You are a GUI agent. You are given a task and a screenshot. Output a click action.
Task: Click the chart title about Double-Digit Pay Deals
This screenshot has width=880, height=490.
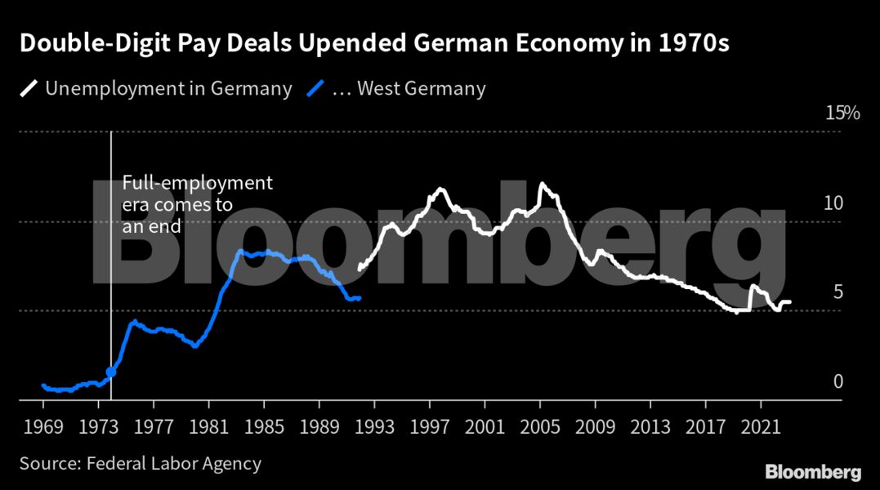[373, 44]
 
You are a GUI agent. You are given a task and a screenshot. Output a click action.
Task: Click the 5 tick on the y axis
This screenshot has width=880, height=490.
[837, 292]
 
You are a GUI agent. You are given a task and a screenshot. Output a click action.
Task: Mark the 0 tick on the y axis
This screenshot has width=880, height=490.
[837, 381]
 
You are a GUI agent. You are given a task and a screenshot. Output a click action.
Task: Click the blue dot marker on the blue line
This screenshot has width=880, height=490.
[111, 372]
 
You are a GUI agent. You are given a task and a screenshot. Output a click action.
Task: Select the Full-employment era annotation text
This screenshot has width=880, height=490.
[197, 205]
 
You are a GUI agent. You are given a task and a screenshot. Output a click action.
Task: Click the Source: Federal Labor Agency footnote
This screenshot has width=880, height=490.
[141, 464]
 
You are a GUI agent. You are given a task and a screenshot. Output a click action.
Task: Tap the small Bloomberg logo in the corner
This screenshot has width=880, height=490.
[812, 472]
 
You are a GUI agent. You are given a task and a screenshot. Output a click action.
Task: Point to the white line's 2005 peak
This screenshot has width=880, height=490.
[541, 185]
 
